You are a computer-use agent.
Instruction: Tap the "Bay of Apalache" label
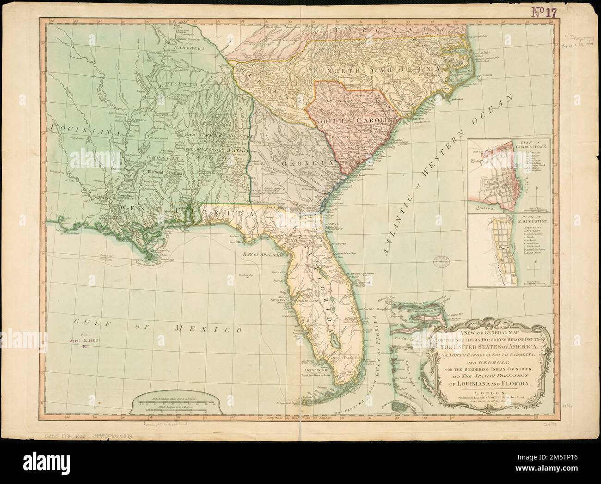coord(261,255)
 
